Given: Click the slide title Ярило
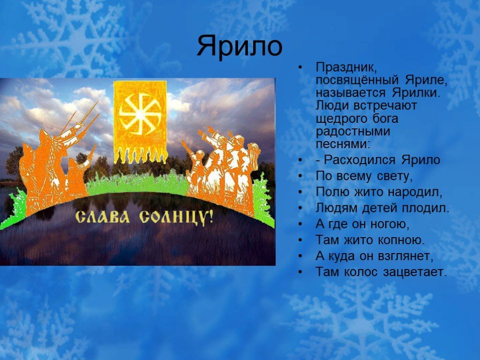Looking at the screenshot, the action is pyautogui.click(x=240, y=46).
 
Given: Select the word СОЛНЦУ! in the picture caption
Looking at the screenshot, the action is pyautogui.click(x=176, y=218).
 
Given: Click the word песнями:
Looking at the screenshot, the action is pyautogui.click(x=343, y=144).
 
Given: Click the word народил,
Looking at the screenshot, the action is pyautogui.click(x=415, y=192).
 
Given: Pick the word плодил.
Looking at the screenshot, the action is pyautogui.click(x=426, y=208).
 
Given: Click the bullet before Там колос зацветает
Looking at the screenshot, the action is pyautogui.click(x=301, y=272).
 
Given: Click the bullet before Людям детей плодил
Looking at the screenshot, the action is pyautogui.click(x=301, y=208).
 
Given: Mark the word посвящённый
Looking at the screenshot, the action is pyautogui.click(x=357, y=80).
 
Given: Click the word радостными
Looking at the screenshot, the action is pyautogui.click(x=353, y=132).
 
